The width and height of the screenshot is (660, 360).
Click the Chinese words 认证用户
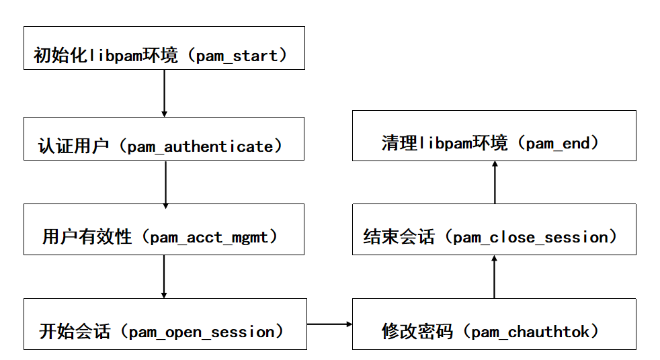click(73, 146)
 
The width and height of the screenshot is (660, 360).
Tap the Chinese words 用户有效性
click(87, 236)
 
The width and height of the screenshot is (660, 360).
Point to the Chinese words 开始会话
click(74, 332)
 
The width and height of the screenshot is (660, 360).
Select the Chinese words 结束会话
click(399, 236)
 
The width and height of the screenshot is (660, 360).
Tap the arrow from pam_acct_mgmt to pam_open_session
click(164, 276)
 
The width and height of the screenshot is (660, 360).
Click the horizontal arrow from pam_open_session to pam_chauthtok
click(329, 324)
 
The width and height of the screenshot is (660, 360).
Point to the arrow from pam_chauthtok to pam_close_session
click(494, 277)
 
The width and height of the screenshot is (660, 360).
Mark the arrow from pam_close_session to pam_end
click(495, 182)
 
